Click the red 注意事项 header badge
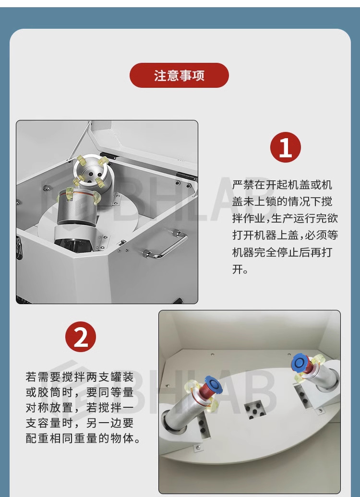(179, 75)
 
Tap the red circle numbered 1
(285, 147)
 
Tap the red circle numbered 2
(81, 337)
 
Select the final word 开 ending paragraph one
(238, 270)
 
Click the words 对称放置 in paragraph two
(49, 408)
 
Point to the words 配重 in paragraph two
(37, 438)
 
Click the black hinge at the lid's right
(186, 176)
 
